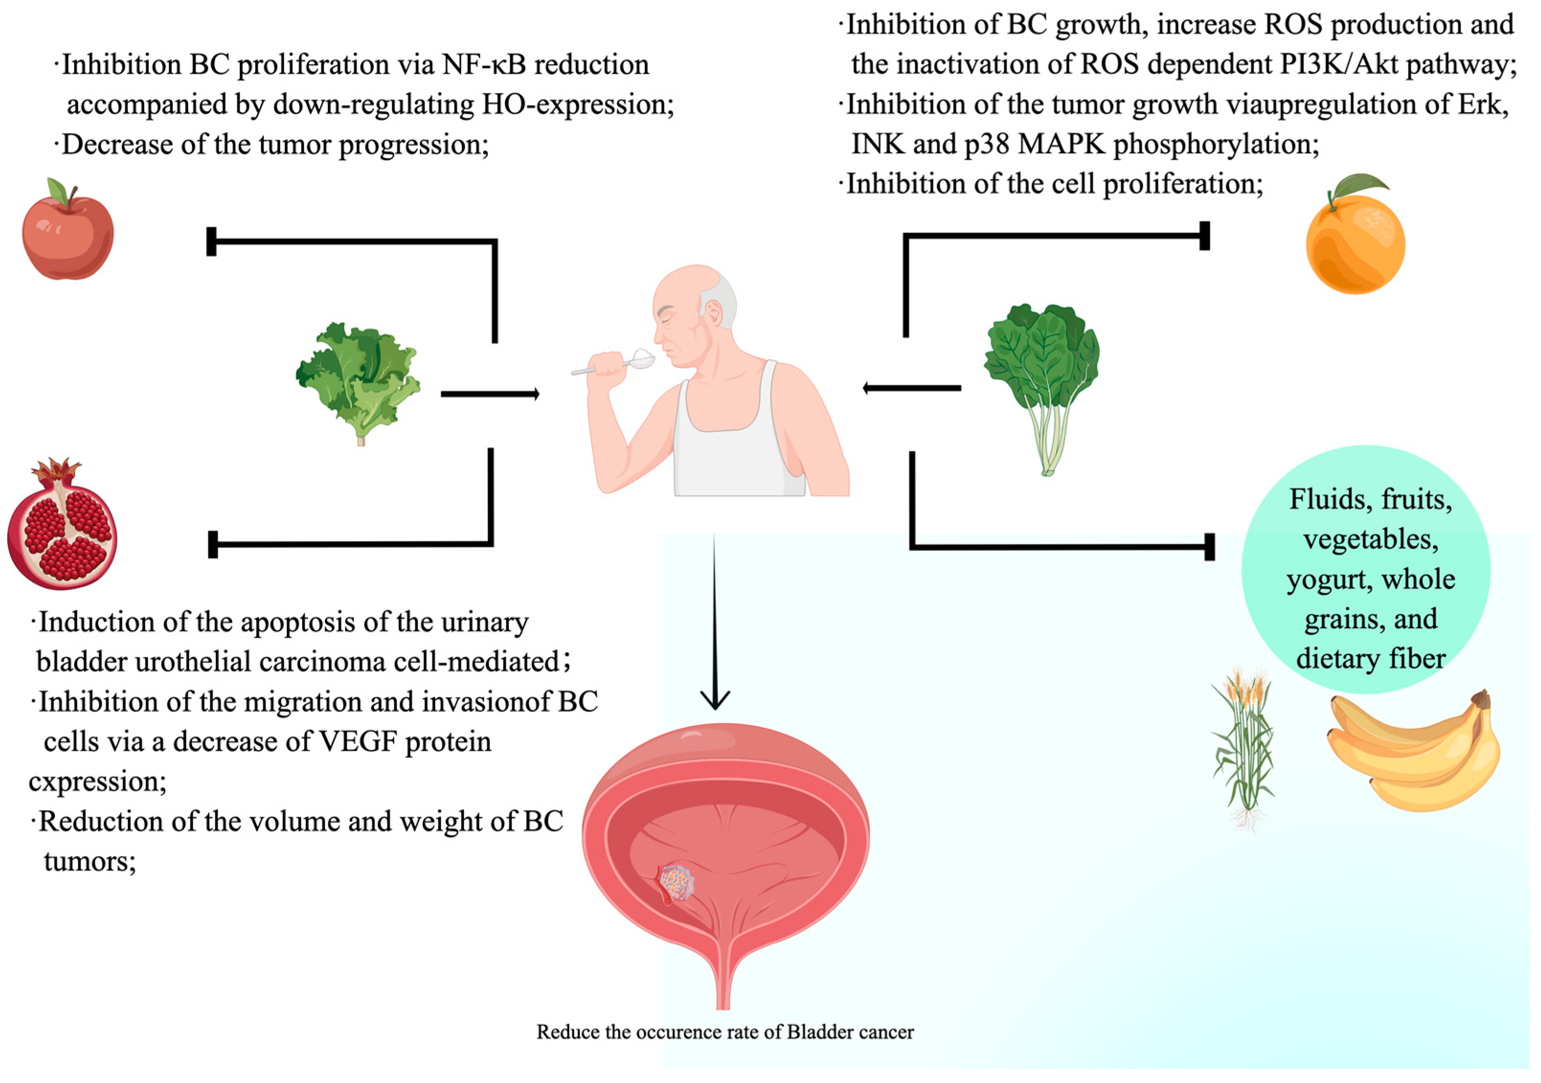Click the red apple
pyautogui.click(x=68, y=235)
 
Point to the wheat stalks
pyautogui.click(x=1243, y=745)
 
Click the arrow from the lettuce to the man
pyautogui.click(x=490, y=394)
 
